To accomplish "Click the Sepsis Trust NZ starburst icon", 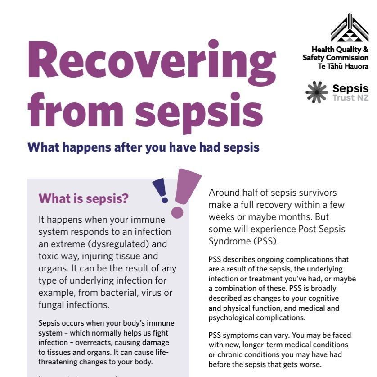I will pos(317,91).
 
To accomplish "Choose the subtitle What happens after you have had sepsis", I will pos(143,147).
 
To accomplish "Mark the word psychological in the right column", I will pos(230,317).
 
